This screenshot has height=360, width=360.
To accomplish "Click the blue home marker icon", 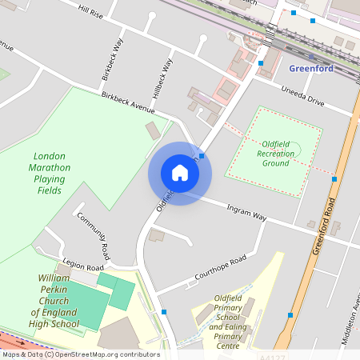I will pyautogui.click(x=179, y=173).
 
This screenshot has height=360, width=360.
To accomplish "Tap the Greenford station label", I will pyautogui.click(x=311, y=68).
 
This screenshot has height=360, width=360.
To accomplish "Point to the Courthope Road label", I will pyautogui.click(x=220, y=271).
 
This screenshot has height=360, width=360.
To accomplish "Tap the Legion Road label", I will pyautogui.click(x=84, y=266).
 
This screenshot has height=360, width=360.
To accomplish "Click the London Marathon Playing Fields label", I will pyautogui.click(x=50, y=174).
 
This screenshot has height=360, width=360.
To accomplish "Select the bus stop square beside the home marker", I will pyautogui.click(x=202, y=156).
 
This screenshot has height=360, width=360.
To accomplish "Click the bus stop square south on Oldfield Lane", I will pyautogui.click(x=165, y=312).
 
